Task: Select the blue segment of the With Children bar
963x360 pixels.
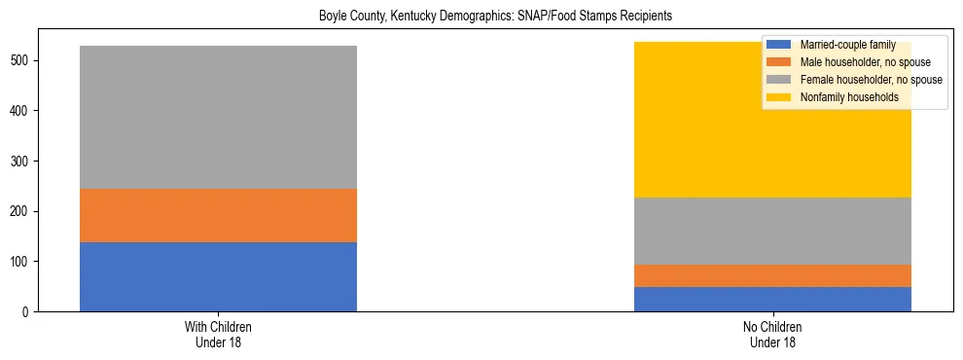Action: pos(218,276)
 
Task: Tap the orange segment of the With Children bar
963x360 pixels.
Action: pos(218,215)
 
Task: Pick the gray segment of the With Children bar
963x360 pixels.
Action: pos(218,117)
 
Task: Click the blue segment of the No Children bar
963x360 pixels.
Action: pos(772,299)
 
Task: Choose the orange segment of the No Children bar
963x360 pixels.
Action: pos(772,275)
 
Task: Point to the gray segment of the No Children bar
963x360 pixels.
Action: pos(772,231)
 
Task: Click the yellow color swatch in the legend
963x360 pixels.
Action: pos(779,97)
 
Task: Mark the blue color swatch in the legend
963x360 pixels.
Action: pos(779,45)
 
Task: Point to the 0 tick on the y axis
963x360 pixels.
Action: pos(29,311)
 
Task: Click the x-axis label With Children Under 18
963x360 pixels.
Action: pos(218,334)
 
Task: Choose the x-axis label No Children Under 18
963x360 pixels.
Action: pos(772,334)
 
